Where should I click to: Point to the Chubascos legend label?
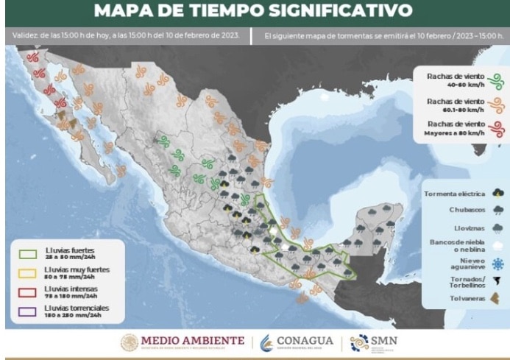coord(467,209)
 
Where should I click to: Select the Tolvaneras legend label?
coord(465,299)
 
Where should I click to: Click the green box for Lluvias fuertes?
coord(30,254)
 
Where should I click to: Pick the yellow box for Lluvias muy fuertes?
coord(30,271)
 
